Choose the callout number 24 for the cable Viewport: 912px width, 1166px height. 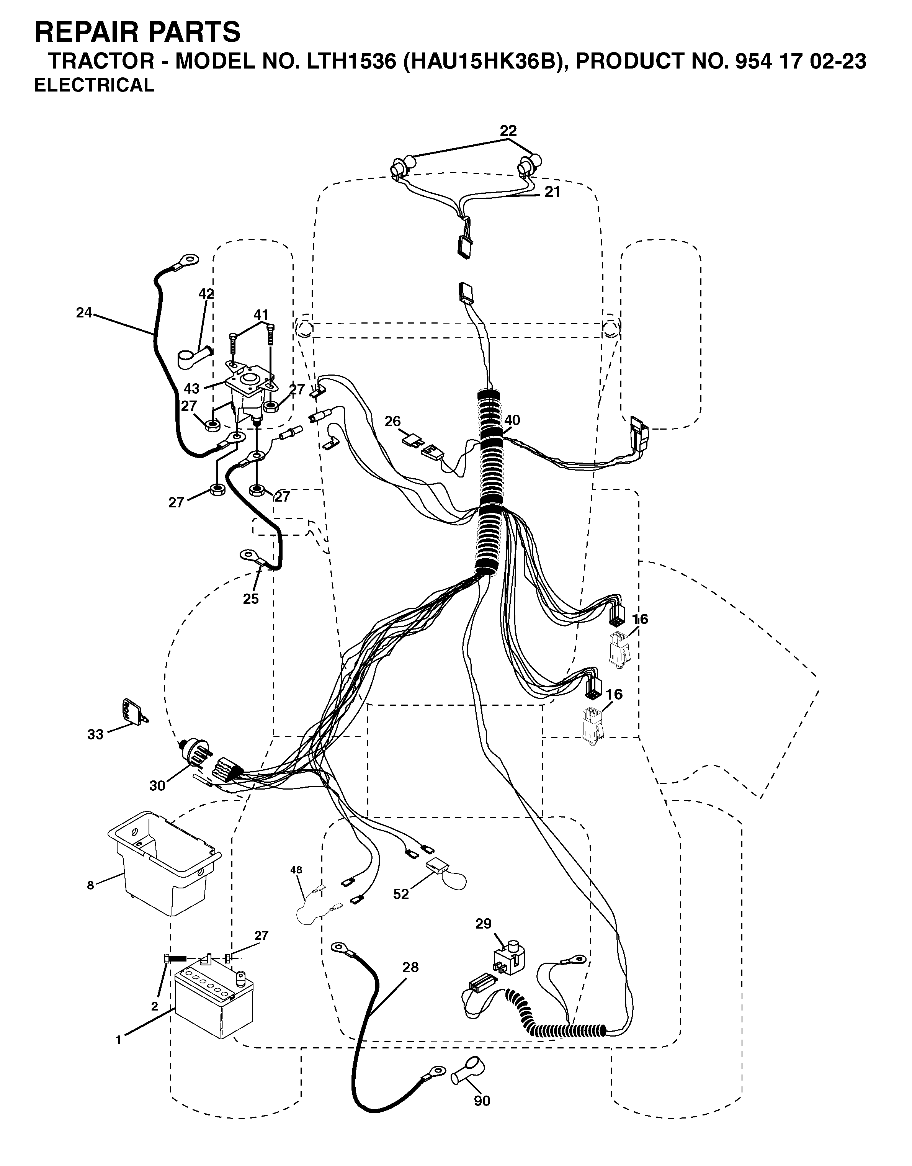coord(84,313)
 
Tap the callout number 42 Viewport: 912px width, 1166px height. coord(206,294)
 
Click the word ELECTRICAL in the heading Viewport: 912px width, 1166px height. coord(95,85)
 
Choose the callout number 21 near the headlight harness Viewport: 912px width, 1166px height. coord(552,192)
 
